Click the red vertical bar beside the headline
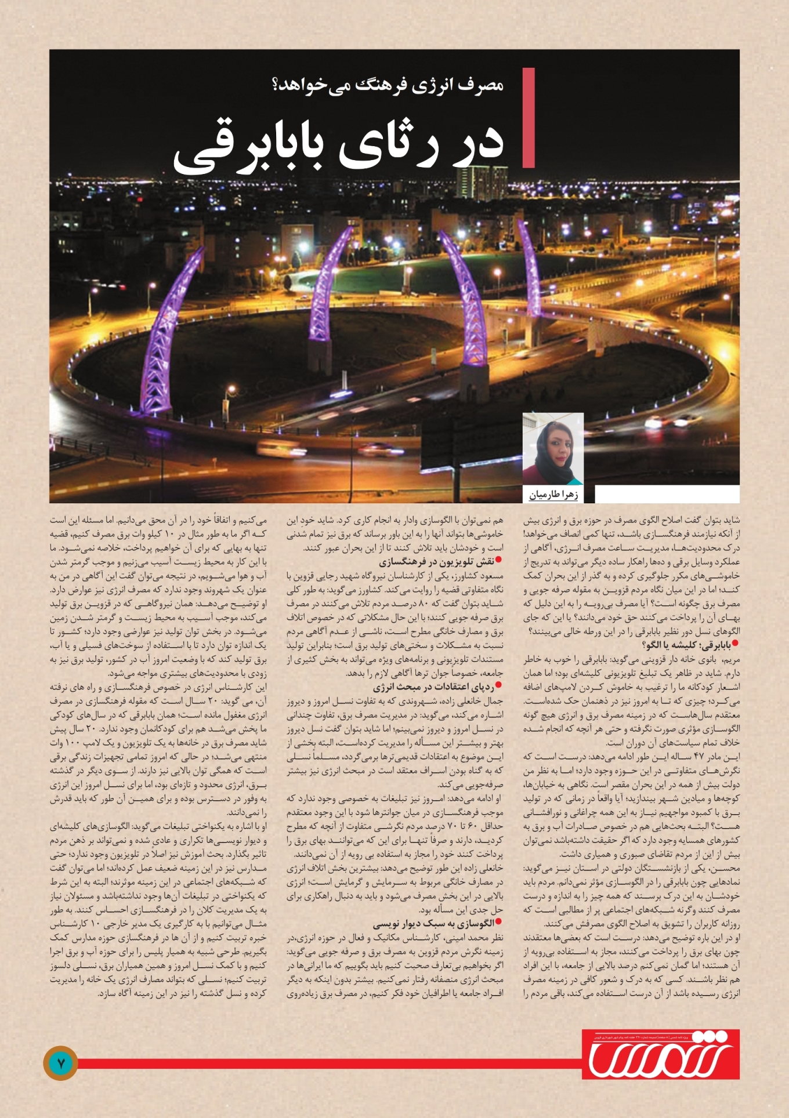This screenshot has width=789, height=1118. click(x=528, y=118)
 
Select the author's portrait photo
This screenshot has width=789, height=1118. click(x=552, y=448)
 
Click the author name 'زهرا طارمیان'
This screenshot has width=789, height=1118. click(x=553, y=495)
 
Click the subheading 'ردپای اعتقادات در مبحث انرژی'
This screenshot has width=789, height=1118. click(x=433, y=687)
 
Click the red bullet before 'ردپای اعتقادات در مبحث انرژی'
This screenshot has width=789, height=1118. click(x=499, y=687)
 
